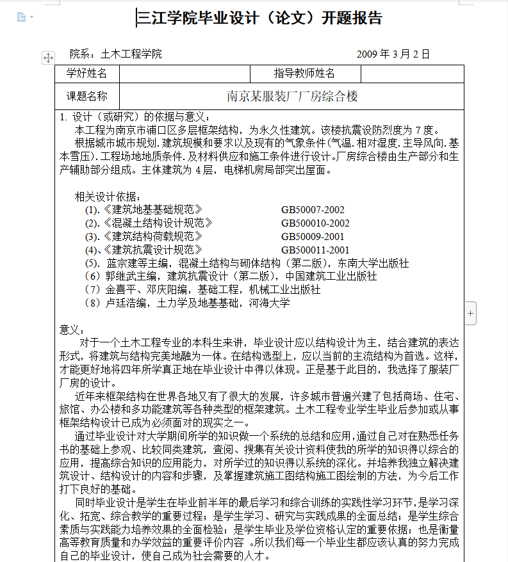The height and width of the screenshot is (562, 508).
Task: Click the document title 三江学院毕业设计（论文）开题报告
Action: click(x=260, y=18)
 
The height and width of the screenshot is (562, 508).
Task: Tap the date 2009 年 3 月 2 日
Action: click(x=393, y=54)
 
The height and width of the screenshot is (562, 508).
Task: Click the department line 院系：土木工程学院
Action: click(x=116, y=54)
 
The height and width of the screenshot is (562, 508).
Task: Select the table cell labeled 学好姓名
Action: click(x=87, y=74)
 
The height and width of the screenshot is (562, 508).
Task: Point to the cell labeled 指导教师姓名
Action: click(x=304, y=74)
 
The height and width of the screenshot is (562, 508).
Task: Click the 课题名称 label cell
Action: click(x=87, y=96)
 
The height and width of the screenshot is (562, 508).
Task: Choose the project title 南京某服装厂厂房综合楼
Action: click(x=292, y=96)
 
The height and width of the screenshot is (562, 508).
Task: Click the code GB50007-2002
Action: click(x=313, y=209)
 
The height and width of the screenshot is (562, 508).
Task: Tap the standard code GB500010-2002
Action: click(x=315, y=223)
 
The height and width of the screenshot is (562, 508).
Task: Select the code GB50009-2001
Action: click(x=313, y=236)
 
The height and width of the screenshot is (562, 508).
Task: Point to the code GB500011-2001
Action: click(x=315, y=250)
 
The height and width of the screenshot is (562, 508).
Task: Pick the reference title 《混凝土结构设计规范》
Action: click(x=158, y=223)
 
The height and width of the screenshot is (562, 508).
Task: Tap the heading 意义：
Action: click(x=71, y=330)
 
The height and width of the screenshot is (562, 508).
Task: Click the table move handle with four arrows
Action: click(x=48, y=58)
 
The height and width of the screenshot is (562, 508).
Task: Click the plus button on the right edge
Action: click(x=471, y=313)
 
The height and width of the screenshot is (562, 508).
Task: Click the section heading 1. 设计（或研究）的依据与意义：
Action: click(x=134, y=116)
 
